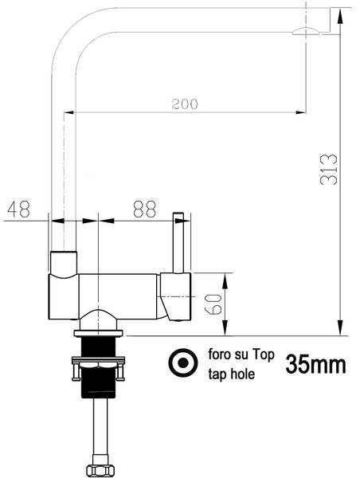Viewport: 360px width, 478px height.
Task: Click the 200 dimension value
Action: click(x=184, y=102)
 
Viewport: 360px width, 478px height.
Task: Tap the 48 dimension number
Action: click(x=18, y=209)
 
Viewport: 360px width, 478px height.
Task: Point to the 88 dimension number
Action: click(x=144, y=209)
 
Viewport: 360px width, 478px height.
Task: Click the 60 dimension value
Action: click(x=213, y=304)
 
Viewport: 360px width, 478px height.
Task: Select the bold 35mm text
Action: click(x=315, y=365)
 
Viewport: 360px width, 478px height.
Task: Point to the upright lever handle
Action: click(x=178, y=243)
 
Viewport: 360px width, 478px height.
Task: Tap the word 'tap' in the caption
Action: click(x=217, y=374)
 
